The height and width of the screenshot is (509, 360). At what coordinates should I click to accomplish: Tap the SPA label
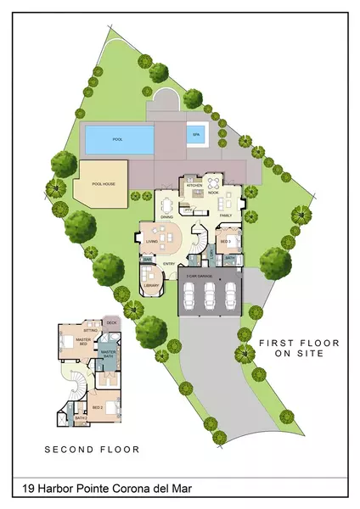click(198, 133)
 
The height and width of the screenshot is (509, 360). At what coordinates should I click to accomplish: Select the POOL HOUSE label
click(102, 180)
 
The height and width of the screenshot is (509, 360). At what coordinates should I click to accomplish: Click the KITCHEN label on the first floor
click(194, 185)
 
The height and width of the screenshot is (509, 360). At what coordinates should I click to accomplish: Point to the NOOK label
click(214, 193)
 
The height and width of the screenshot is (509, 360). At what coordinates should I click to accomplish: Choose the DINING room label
click(167, 216)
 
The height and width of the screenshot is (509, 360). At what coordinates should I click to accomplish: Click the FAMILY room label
click(227, 215)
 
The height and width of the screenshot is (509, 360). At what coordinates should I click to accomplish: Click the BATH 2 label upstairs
click(81, 418)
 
